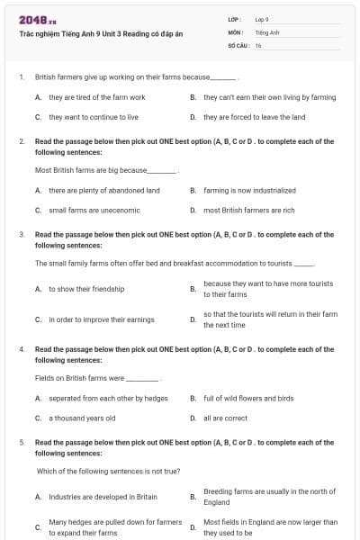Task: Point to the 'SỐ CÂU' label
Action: click(x=238, y=45)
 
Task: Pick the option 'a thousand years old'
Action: click(x=82, y=418)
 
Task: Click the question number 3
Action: click(x=21, y=234)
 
